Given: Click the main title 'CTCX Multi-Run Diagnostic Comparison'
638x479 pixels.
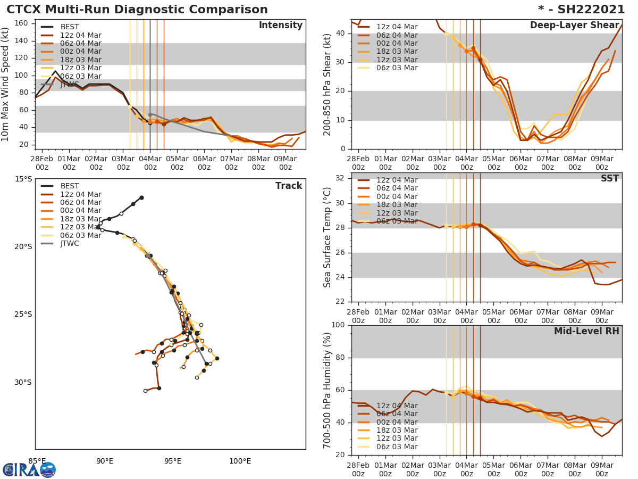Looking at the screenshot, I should click(x=137, y=10).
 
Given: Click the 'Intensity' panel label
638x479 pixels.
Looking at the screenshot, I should click(x=280, y=26).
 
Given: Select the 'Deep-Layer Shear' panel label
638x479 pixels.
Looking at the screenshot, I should click(x=574, y=26).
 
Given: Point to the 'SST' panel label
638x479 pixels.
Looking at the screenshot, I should click(x=609, y=178).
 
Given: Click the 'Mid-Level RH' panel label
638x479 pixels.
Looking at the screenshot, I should click(x=586, y=331).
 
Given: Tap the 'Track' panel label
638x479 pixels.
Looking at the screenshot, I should click(x=289, y=186).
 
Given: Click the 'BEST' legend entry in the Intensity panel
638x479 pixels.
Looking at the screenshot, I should click(x=70, y=27).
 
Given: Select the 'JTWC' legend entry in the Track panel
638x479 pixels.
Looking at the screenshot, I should click(x=70, y=243).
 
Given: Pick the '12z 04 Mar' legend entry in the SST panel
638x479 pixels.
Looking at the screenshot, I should click(x=397, y=180).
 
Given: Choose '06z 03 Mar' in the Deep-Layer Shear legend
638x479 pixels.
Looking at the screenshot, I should click(x=397, y=68).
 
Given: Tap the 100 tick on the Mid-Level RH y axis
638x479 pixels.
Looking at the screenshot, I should click(x=339, y=325).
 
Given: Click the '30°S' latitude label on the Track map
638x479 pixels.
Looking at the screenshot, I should click(x=23, y=382).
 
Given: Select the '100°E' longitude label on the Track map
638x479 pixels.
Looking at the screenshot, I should click(x=240, y=461).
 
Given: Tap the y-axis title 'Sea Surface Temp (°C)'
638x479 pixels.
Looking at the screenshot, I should click(x=328, y=237).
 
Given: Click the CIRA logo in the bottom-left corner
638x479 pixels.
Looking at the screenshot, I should click(x=29, y=469).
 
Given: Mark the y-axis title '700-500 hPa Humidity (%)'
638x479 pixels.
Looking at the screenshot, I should click(x=328, y=390).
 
